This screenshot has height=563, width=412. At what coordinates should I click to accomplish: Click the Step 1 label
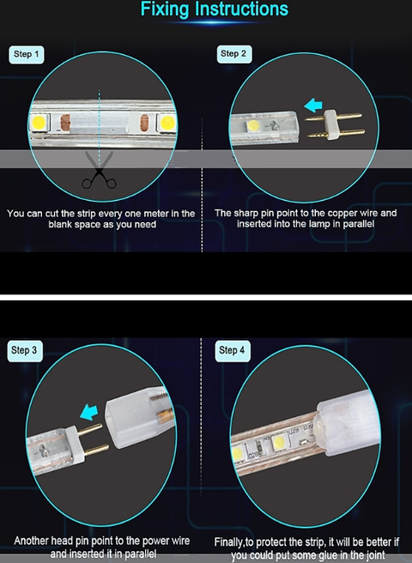pyautogui.click(x=27, y=55)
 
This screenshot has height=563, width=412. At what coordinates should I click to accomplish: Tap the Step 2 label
pyautogui.click(x=233, y=54)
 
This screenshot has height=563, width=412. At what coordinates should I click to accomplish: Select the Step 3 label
pyautogui.click(x=25, y=350)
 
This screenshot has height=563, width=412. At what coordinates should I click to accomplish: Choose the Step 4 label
pyautogui.click(x=233, y=350)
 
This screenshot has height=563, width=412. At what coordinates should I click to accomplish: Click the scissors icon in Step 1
pyautogui.click(x=100, y=170)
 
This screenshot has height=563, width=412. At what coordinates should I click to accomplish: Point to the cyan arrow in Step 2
pyautogui.click(x=313, y=106)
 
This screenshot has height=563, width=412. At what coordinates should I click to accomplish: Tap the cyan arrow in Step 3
pyautogui.click(x=89, y=412)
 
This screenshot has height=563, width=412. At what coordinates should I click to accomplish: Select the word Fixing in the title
pyautogui.click(x=164, y=9)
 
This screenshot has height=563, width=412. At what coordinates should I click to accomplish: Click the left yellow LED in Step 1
pyautogui.click(x=39, y=123)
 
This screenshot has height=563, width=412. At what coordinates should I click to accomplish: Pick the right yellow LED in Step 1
pyautogui.click(x=167, y=123)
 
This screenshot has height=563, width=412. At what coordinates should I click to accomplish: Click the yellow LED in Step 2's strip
pyautogui.click(x=253, y=125)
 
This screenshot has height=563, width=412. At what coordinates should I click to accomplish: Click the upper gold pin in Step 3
pyautogui.click(x=90, y=429)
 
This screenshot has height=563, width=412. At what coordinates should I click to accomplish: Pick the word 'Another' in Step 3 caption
pyautogui.click(x=31, y=541)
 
